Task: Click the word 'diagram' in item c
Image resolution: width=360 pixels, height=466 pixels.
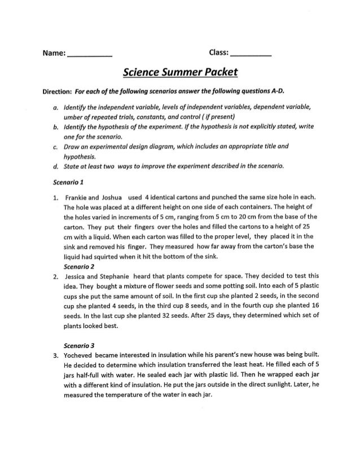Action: click(172, 146)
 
